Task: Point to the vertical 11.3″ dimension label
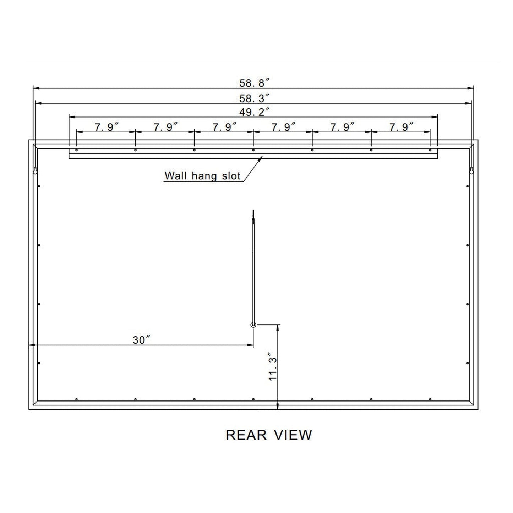(x=272, y=367)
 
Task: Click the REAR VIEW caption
(x=269, y=435)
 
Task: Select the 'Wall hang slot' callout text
(x=202, y=176)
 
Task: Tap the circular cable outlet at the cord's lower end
(x=253, y=325)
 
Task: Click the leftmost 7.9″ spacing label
(x=106, y=127)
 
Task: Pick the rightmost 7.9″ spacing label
(x=401, y=127)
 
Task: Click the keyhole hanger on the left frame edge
(x=35, y=171)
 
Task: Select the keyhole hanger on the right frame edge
(x=471, y=171)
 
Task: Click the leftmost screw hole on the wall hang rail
(x=76, y=150)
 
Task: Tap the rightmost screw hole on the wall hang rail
(x=430, y=150)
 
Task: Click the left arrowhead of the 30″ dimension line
(x=31, y=345)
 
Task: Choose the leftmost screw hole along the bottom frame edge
(x=76, y=399)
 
